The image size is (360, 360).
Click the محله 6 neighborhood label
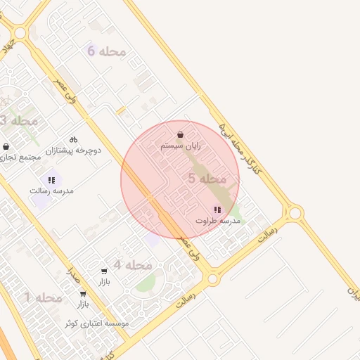[x=106, y=51]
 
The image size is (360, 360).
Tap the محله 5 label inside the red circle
[x=207, y=179]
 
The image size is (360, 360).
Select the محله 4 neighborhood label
[x=133, y=265]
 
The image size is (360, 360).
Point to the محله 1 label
[x=44, y=298]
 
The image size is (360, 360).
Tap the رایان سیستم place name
[x=181, y=146]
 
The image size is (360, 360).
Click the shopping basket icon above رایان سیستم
[x=181, y=134]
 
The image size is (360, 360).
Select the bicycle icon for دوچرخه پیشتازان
[x=73, y=139]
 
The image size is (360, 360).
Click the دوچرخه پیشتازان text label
[x=74, y=150]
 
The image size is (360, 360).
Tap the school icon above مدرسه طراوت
[x=217, y=210]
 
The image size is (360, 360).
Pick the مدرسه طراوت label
[x=218, y=221]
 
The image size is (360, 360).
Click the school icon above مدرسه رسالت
[x=51, y=180]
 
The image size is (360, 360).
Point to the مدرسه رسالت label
[x=51, y=191]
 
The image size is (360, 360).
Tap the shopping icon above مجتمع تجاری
[x=6, y=146]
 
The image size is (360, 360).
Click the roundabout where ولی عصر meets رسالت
[x=212, y=279]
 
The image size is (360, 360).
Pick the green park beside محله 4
[x=146, y=283]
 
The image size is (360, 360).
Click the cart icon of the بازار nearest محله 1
[x=83, y=294]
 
